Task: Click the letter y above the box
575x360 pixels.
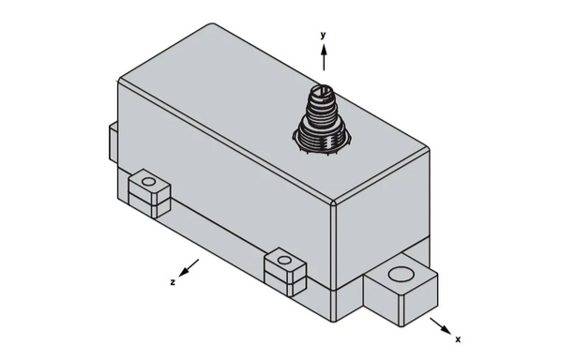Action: (x=323, y=35)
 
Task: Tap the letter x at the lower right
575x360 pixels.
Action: (x=458, y=339)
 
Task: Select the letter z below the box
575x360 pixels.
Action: (x=174, y=280)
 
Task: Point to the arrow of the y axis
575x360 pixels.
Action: (x=323, y=56)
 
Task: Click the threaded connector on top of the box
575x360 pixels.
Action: (x=319, y=116)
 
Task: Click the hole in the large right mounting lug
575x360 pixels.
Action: (x=401, y=275)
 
